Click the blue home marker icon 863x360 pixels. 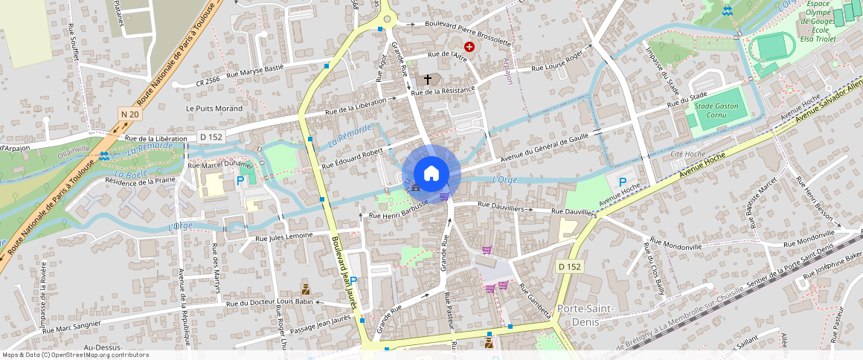[x=431, y=174]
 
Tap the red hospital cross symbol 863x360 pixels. [x=469, y=47]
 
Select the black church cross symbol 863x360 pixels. [x=428, y=78]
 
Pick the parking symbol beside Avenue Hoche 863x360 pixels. [x=623, y=181]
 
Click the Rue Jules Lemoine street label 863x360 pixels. [x=283, y=237]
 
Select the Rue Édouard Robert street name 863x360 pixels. [x=351, y=153]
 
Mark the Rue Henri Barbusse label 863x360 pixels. [x=398, y=212]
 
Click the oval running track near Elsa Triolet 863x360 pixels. [x=771, y=48]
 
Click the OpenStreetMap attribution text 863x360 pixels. [x=75, y=355]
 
